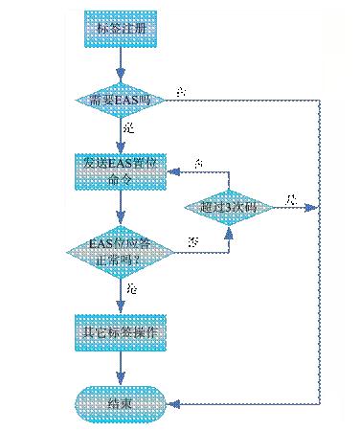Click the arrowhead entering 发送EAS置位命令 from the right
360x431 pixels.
pyautogui.click(x=172, y=172)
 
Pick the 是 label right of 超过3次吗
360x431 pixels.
pyautogui.click(x=292, y=198)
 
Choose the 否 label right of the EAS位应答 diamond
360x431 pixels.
pyautogui.click(x=194, y=240)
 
